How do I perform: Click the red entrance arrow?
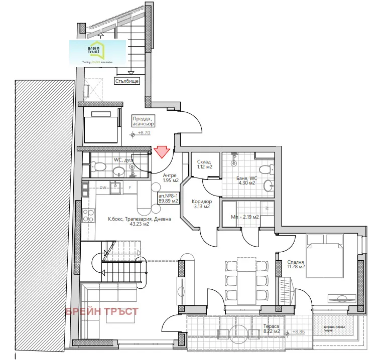(162, 151)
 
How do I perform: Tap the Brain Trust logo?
(97, 52)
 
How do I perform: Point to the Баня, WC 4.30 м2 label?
(246, 181)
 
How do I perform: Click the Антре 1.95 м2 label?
(170, 177)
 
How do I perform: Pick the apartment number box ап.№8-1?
(168, 198)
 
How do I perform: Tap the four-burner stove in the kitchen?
(89, 216)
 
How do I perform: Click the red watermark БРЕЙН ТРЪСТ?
(102, 311)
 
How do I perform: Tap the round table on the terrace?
(236, 332)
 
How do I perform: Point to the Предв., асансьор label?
(143, 120)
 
